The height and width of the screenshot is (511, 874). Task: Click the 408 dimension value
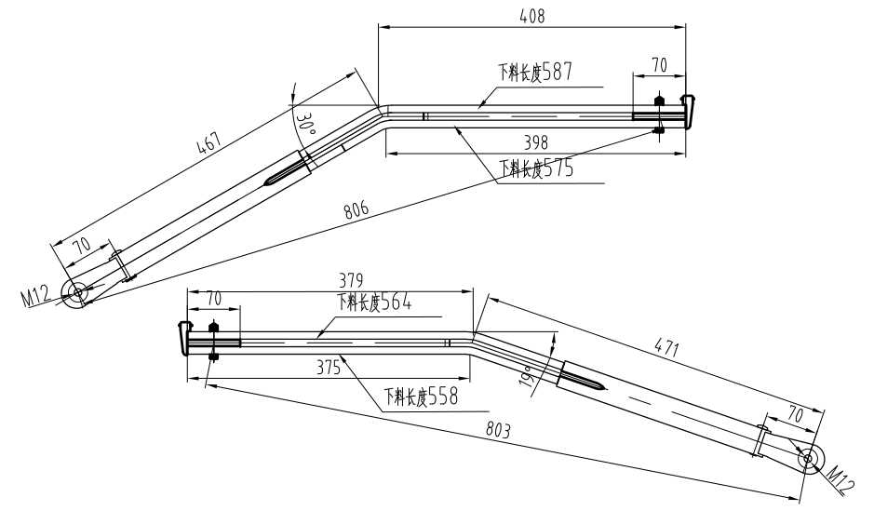click(x=532, y=16)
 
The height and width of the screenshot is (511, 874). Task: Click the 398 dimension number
click(x=535, y=143)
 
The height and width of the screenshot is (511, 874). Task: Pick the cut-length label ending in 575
click(x=536, y=168)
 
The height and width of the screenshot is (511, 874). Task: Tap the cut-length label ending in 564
click(x=375, y=302)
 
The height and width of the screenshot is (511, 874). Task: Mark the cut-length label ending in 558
click(x=420, y=397)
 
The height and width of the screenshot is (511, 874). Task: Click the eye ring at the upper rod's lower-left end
click(x=76, y=292)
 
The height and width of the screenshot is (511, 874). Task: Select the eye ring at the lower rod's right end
click(x=806, y=458)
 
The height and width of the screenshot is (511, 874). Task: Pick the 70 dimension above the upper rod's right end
click(x=658, y=65)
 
